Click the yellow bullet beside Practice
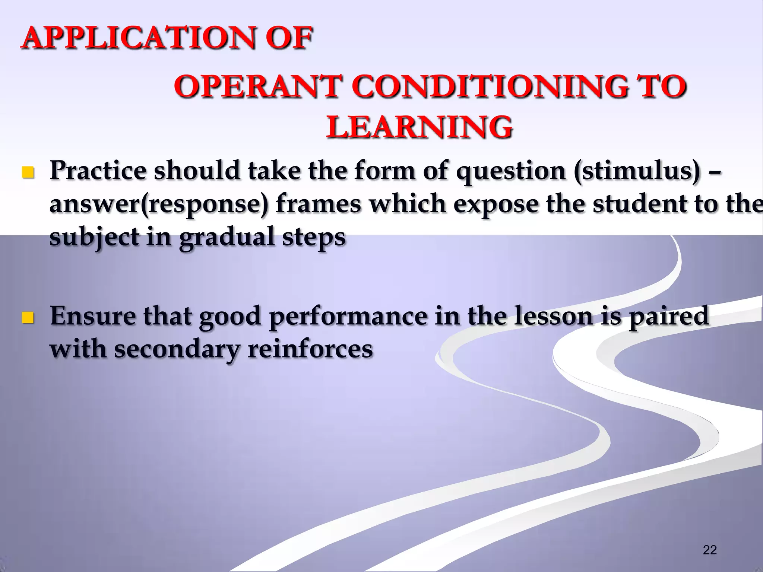[x=28, y=172]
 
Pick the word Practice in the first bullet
[x=98, y=171]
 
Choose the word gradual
[x=227, y=238]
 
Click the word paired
[x=669, y=317]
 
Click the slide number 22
[x=710, y=550]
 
